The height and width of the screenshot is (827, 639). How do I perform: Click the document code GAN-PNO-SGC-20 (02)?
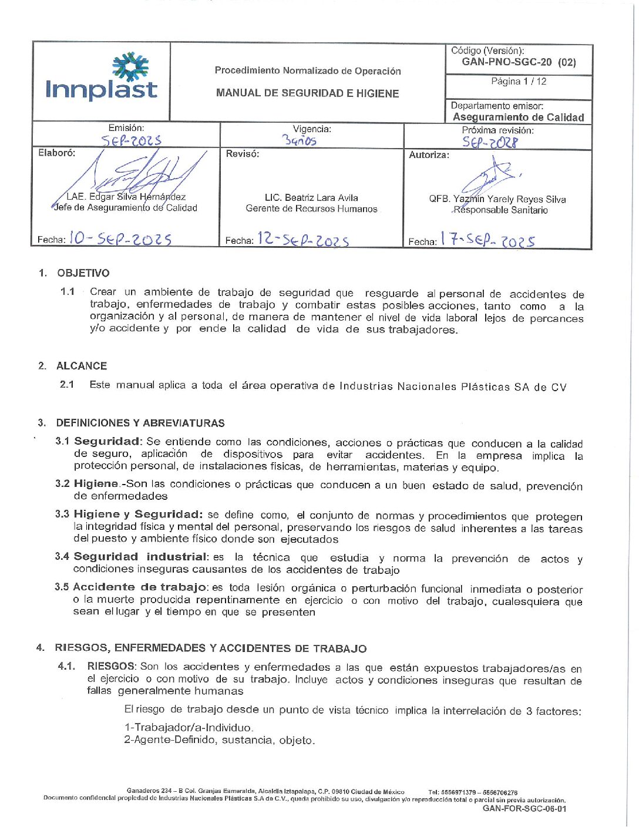(519, 62)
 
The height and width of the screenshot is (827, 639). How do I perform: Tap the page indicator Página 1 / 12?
(519, 82)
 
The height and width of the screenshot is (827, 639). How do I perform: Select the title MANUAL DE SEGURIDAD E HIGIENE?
(307, 93)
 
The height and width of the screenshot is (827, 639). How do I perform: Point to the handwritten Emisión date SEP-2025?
(131, 140)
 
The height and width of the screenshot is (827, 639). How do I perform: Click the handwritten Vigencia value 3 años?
(300, 140)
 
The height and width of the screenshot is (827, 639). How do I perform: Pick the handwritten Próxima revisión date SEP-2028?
(490, 142)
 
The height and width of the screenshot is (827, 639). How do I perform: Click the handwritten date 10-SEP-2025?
(120, 238)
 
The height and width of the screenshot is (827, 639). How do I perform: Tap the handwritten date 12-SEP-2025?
(303, 240)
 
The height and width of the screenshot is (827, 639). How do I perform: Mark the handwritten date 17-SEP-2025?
(488, 240)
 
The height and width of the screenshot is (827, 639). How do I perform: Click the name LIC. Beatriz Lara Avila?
(311, 198)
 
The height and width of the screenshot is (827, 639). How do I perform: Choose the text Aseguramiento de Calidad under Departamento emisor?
(518, 117)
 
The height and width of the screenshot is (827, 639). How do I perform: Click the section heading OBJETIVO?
(83, 273)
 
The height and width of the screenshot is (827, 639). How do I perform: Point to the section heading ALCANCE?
(82, 366)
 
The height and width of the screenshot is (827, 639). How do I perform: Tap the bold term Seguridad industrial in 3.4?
(140, 557)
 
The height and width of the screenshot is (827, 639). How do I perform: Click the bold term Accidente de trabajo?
(140, 587)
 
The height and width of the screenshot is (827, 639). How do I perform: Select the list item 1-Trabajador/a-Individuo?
(189, 727)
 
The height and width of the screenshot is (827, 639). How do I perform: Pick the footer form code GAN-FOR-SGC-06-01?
(524, 809)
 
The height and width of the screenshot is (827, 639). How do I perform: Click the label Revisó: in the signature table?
(243, 154)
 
